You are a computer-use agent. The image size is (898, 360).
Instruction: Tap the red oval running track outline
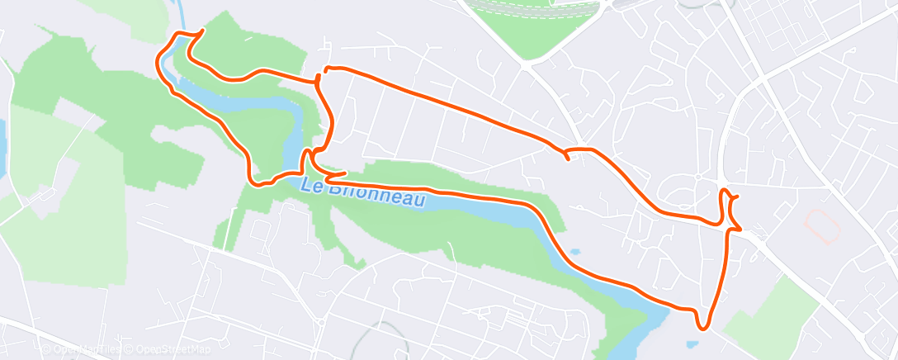820,223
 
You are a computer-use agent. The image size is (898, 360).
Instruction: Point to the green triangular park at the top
528,29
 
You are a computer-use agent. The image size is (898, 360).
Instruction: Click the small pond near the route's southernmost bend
693,342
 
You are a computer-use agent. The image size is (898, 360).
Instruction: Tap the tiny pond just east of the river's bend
574,251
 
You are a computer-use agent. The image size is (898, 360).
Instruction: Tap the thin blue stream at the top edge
180,12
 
